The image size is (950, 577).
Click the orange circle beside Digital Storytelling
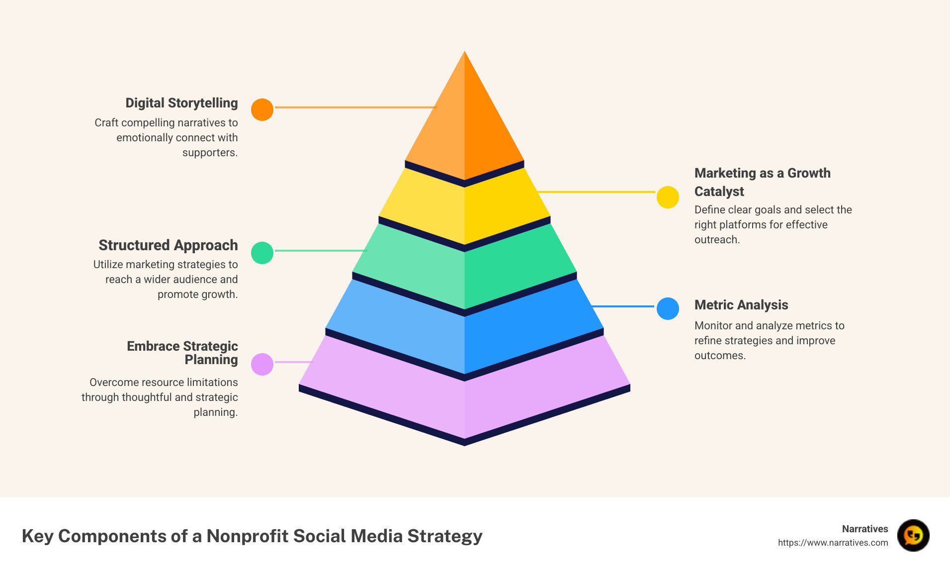262,109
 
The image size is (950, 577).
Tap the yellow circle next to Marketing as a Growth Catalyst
668,197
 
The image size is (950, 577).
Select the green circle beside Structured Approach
262,253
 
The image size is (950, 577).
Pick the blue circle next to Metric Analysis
668,309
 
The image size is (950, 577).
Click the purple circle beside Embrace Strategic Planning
262,364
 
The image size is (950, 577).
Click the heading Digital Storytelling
181,103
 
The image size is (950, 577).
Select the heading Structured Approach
168,245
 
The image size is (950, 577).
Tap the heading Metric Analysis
741,305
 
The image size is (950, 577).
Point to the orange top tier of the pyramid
464,124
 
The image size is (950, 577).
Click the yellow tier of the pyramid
464,209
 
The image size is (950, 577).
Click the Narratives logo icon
913,536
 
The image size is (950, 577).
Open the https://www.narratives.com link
833,543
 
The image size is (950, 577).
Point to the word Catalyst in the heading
719,192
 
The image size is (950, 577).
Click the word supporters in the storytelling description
210,153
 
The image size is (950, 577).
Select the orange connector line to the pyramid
355,107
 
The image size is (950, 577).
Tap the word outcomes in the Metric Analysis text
719,356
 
